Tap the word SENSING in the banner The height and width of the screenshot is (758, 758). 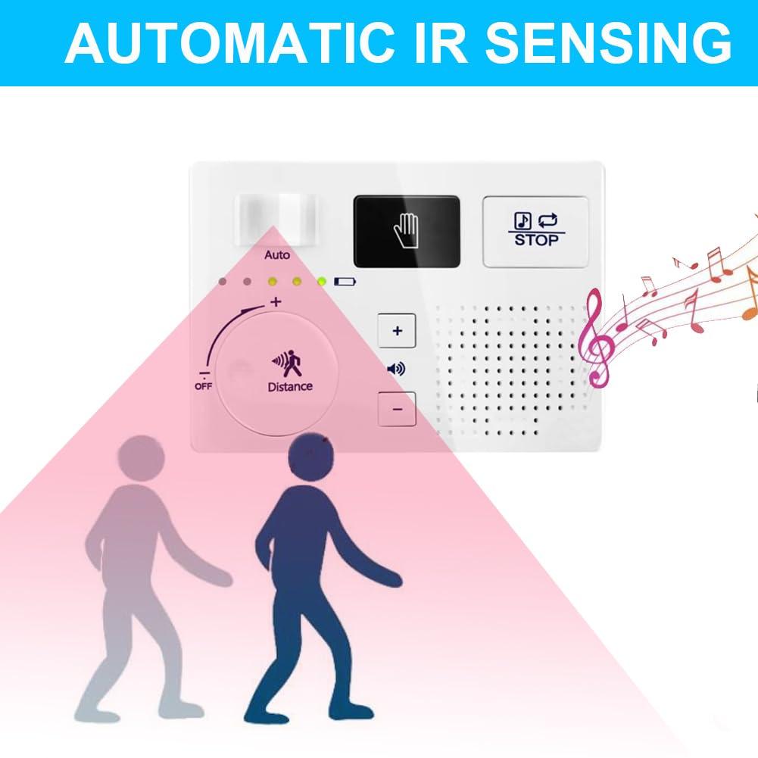tap(609, 43)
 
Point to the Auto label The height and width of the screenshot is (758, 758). tap(277, 255)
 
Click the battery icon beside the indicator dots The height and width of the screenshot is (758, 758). tap(345, 282)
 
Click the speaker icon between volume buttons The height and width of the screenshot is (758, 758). tap(396, 369)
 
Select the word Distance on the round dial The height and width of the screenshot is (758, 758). tap(289, 386)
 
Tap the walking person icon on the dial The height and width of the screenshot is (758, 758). tap(289, 363)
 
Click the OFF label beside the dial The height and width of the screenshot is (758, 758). tap(203, 386)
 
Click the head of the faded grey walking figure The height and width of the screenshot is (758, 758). tap(142, 458)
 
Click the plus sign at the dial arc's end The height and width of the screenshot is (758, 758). tap(276, 301)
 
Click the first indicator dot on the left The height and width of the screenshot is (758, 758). tap(222, 282)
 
